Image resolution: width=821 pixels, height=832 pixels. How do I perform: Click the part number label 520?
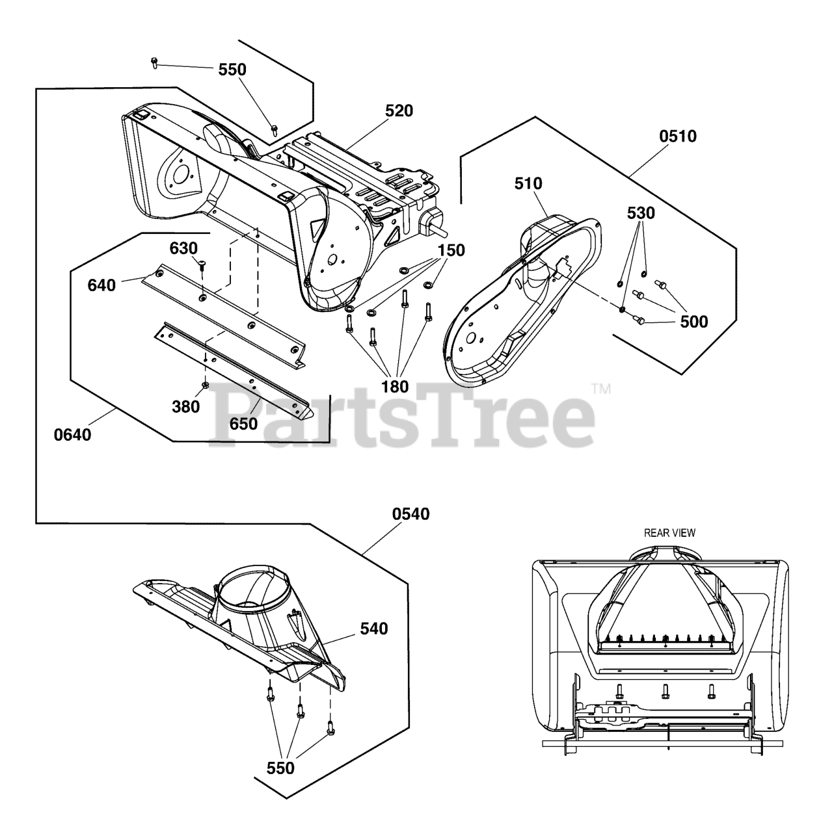pos(399,111)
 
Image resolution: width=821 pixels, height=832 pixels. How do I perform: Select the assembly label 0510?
pos(677,136)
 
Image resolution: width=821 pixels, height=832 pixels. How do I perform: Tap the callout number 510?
pos(528,184)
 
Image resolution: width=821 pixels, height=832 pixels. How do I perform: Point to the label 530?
pos(641,213)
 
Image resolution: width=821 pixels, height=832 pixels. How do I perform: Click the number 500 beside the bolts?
pos(693,322)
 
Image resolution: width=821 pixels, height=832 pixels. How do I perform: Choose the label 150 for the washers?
pos(451,250)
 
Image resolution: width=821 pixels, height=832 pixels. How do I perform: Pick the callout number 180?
pos(395,387)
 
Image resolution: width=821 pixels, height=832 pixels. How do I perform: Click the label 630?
pos(183,248)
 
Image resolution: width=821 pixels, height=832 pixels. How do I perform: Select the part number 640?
pos(101,285)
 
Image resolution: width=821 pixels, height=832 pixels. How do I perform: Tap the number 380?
pos(185,406)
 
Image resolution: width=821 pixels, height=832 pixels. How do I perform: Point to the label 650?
pos(243,424)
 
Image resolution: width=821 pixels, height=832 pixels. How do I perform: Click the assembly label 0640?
pos(72,434)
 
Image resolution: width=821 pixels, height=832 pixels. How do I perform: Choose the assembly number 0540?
pos(411,514)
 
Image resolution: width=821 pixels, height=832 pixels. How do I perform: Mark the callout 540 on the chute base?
pos(373,629)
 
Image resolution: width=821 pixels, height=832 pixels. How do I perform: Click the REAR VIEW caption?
pos(669,533)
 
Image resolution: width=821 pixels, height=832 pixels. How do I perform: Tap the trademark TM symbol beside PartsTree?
pos(600,390)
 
